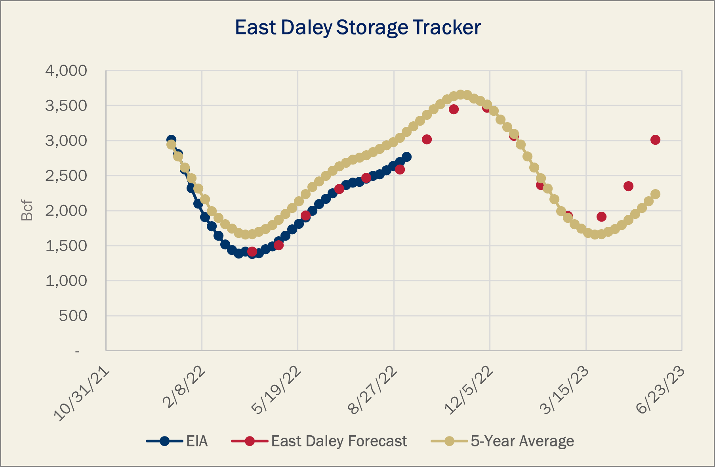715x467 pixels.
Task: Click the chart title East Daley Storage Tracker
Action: pyautogui.click(x=358, y=28)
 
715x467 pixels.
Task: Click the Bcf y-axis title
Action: pyautogui.click(x=27, y=211)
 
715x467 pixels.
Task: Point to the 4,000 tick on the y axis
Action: pyautogui.click(x=66, y=71)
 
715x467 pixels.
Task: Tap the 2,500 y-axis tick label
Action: pyautogui.click(x=66, y=176)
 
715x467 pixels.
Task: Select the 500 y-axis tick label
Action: pyautogui.click(x=73, y=316)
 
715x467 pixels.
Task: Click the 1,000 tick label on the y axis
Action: pyautogui.click(x=66, y=281)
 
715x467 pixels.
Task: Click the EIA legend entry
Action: pyautogui.click(x=177, y=441)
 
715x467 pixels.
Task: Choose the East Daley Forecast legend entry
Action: pyautogui.click(x=319, y=441)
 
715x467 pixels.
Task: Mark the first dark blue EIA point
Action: pyautogui.click(x=171, y=140)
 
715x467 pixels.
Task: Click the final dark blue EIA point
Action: pyautogui.click(x=406, y=157)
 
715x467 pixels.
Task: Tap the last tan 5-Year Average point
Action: pyautogui.click(x=655, y=194)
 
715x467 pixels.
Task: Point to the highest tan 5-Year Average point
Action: pyautogui.click(x=460, y=94)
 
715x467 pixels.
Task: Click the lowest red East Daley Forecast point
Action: pyautogui.click(x=252, y=251)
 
